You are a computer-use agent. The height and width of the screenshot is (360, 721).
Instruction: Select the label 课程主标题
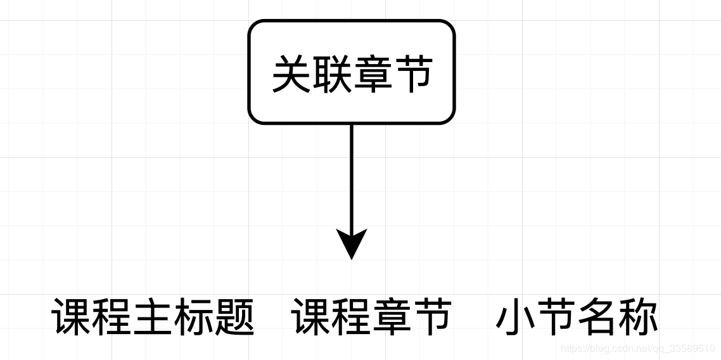(153, 318)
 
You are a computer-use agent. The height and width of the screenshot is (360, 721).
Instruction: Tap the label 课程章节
(371, 318)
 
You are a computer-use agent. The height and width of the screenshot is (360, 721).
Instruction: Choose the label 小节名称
(577, 318)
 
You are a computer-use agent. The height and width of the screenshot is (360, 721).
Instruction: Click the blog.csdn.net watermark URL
(637, 349)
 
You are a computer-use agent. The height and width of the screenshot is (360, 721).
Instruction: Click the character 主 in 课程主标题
(153, 318)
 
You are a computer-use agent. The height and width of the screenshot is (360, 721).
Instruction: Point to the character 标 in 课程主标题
(193, 318)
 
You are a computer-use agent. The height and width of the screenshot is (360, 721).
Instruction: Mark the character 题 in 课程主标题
(234, 318)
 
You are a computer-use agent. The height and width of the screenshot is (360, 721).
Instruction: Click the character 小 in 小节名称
(516, 318)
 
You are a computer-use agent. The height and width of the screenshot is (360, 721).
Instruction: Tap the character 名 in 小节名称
(597, 318)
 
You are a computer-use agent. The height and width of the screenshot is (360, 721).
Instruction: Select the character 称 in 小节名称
(638, 318)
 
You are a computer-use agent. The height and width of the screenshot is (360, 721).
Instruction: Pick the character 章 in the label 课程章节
(392, 318)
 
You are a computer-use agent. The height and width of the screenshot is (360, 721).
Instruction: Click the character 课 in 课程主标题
(72, 318)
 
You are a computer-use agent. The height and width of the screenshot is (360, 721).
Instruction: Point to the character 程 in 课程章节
(351, 318)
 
